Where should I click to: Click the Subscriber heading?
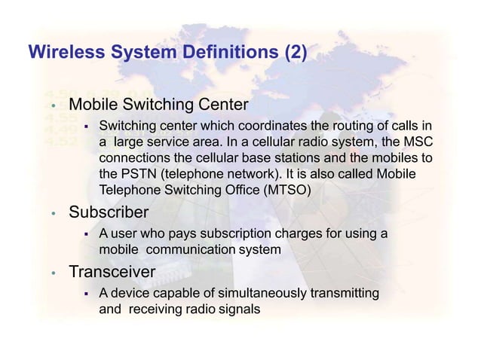point(109,212)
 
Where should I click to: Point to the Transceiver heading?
point(112,271)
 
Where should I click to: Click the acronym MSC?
point(418,142)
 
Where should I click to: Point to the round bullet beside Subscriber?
point(54,214)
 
